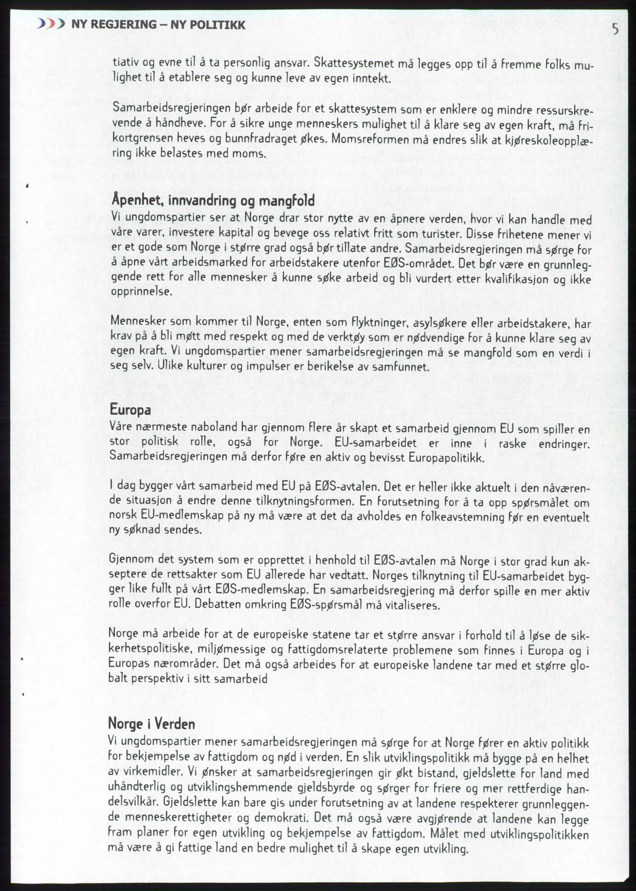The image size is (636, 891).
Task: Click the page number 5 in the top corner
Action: pos(615,29)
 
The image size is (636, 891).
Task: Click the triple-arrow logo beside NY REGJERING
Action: pos(50,24)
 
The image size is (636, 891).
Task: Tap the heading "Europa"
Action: pos(130,410)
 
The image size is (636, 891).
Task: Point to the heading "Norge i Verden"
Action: pos(151,723)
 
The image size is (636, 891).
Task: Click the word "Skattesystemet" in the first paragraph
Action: pos(345,63)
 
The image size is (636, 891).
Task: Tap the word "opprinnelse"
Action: pos(141,292)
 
